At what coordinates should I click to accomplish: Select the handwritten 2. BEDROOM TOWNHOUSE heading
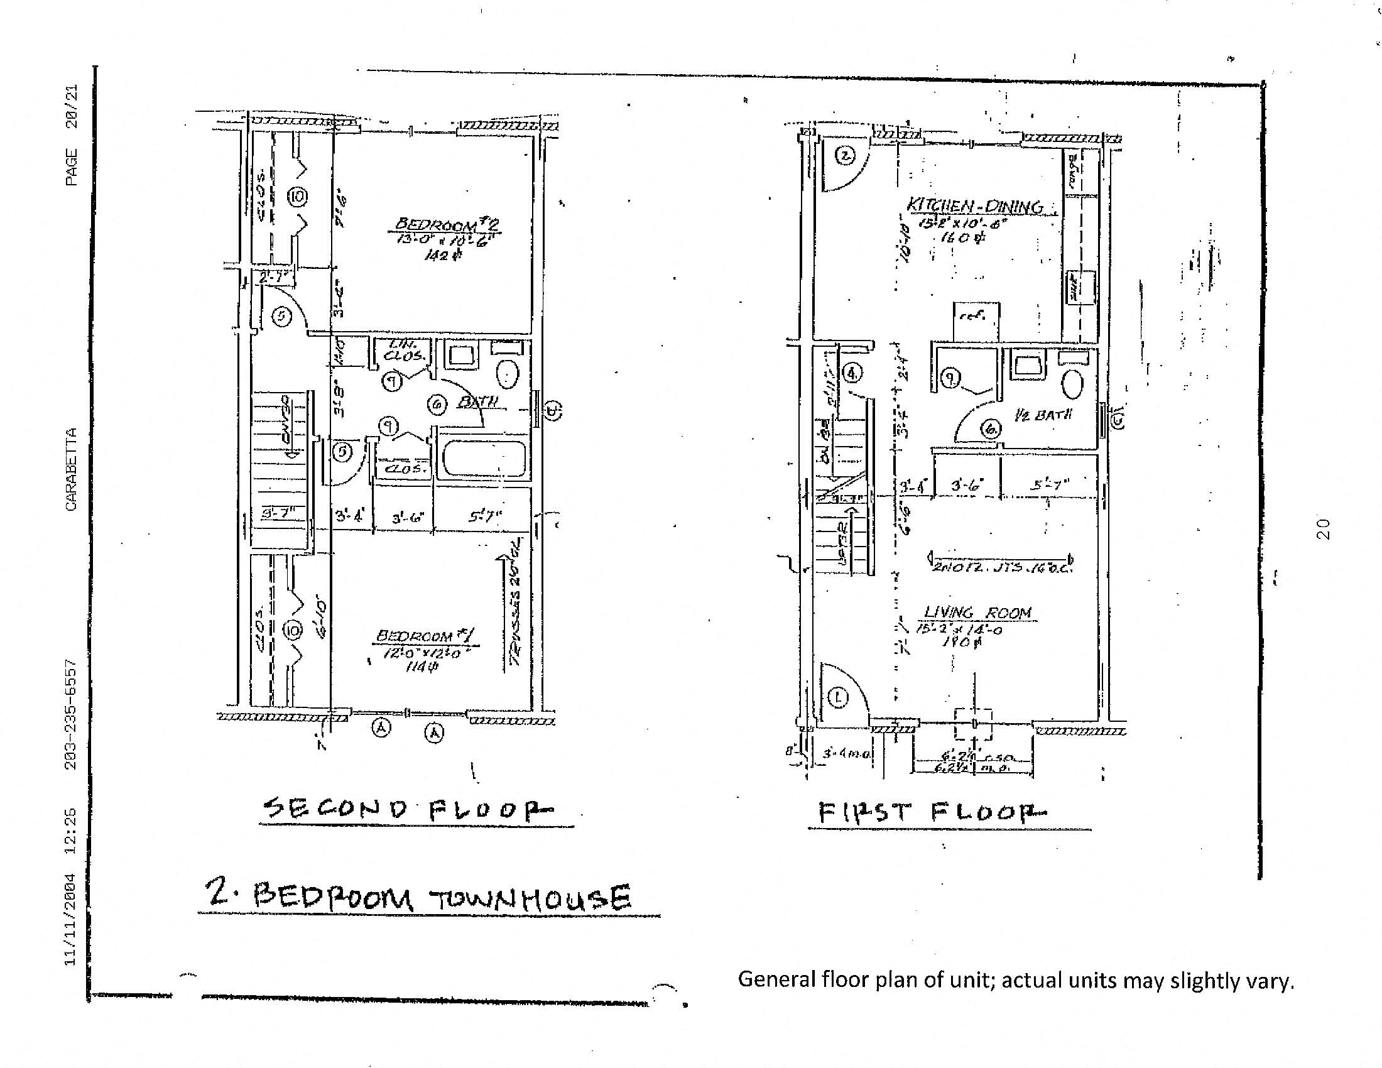click(418, 897)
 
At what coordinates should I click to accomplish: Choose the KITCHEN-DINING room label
click(974, 206)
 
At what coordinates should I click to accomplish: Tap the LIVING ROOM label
click(977, 613)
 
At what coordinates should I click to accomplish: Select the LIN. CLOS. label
click(401, 350)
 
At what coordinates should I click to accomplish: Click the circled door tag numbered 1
click(838, 697)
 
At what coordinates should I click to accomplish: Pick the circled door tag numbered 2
click(846, 155)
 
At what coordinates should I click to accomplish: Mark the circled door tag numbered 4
click(853, 374)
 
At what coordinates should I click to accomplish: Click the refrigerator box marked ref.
click(976, 320)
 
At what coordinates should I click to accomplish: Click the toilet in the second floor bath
click(508, 374)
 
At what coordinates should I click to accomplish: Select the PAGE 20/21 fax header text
click(72, 135)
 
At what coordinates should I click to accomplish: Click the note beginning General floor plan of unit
click(1016, 979)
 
